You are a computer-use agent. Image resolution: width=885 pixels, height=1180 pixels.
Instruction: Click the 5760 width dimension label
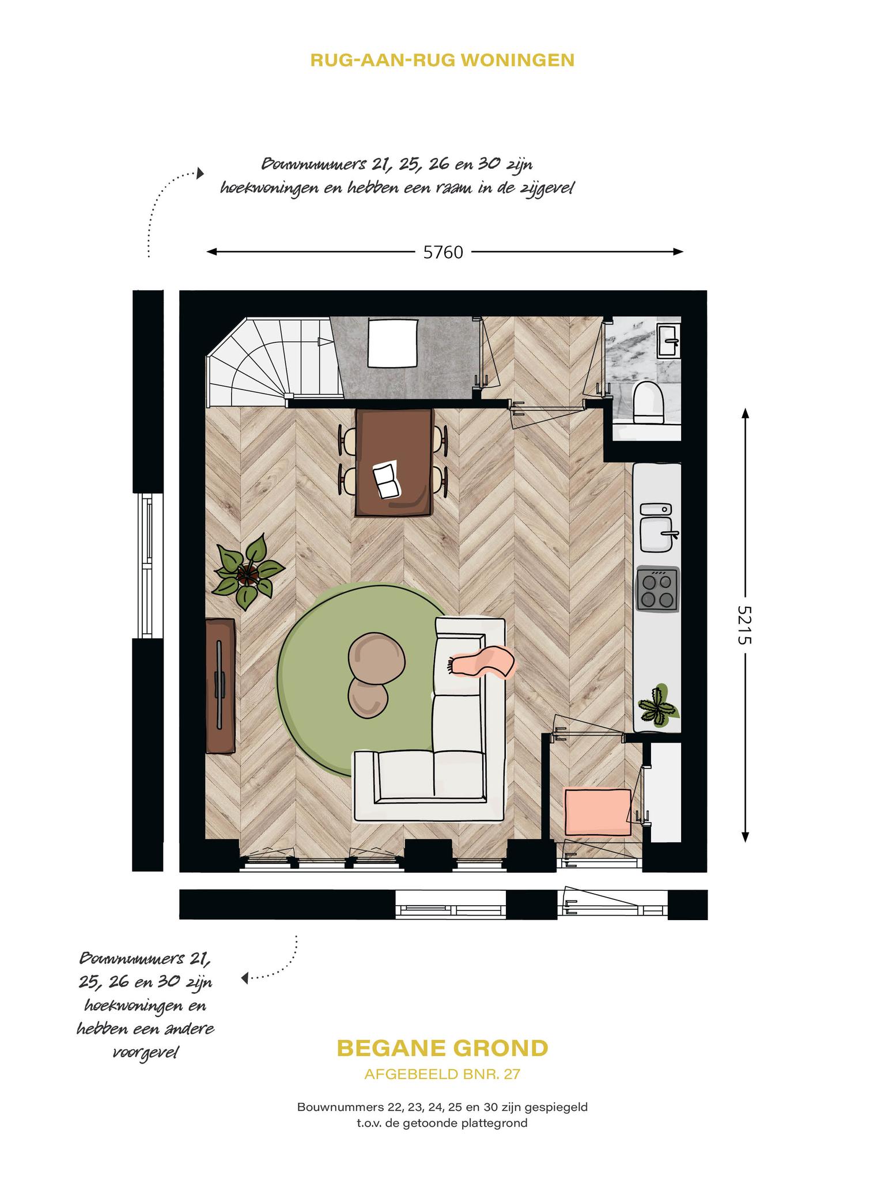click(443, 252)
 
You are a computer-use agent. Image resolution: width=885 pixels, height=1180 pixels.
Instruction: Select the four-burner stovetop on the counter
click(657, 588)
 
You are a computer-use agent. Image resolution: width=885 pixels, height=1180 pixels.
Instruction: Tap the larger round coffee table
click(377, 659)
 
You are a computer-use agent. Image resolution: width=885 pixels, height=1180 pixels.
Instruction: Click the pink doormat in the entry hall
click(597, 812)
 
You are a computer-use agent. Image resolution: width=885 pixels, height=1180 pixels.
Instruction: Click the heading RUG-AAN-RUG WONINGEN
click(442, 60)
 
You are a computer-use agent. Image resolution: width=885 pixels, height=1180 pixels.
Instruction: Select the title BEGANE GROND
click(442, 1048)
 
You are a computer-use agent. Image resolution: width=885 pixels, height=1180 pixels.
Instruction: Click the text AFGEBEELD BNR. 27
click(442, 1074)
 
